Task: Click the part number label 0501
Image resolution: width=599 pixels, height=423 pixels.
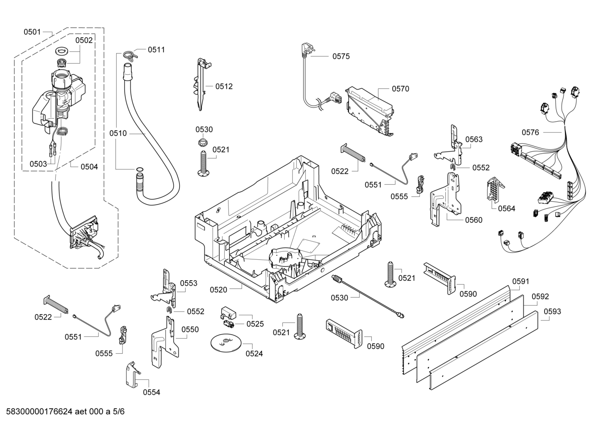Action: [x=32, y=32]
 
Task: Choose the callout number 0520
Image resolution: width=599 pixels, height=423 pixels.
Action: [x=218, y=289]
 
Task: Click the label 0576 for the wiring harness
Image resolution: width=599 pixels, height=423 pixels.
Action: [x=530, y=132]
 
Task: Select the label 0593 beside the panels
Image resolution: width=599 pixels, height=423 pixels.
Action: [x=552, y=311]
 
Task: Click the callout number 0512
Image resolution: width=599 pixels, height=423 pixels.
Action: [x=223, y=86]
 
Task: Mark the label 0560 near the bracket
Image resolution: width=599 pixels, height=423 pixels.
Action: [x=474, y=220]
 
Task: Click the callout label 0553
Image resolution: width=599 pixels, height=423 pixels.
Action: [x=188, y=283]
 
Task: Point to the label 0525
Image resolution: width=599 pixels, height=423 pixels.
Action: [x=255, y=324]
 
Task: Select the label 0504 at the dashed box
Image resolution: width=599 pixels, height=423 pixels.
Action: [x=89, y=166]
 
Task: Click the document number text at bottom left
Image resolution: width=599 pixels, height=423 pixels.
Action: [x=63, y=412]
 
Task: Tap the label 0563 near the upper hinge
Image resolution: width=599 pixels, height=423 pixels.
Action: [x=474, y=139]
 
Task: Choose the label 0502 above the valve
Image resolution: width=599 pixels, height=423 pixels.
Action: [x=84, y=40]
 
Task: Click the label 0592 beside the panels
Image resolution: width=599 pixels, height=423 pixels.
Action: [x=540, y=296]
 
